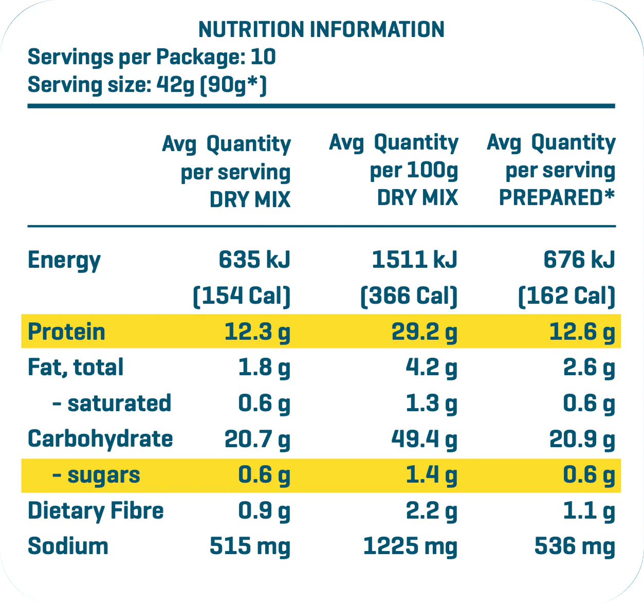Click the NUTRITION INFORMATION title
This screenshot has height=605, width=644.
321,30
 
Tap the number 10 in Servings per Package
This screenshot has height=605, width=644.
263,57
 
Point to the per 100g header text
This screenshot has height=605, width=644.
414,171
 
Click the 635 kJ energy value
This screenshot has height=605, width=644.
254,260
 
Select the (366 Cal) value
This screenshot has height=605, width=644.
409,296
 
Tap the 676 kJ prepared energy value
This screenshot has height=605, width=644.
579,260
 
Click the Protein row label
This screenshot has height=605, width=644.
66,332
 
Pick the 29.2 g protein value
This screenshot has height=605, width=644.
424,332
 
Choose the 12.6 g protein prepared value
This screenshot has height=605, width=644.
582,332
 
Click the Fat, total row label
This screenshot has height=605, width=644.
76,368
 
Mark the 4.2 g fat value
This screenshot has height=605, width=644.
431,368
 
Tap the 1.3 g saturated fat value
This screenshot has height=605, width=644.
431,404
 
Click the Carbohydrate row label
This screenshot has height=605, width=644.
100,439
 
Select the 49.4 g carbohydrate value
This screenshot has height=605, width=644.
424,439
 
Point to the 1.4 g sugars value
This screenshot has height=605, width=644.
431,475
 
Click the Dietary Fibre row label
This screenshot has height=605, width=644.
96,511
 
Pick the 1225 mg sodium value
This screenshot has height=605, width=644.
410,546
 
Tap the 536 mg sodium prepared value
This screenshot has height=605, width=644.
575,546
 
